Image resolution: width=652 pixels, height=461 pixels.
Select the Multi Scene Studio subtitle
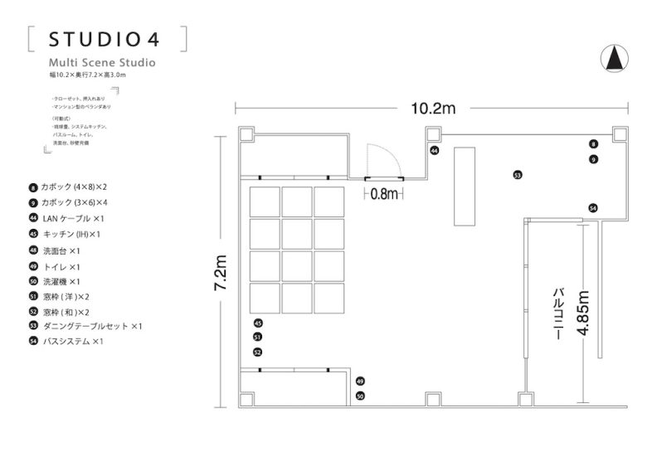[101, 62]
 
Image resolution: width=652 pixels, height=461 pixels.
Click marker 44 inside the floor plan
[434, 151]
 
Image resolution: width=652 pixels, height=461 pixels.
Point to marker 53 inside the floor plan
[517, 175]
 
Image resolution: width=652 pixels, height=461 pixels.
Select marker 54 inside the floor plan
[592, 207]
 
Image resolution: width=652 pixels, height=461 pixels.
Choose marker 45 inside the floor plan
[258, 323]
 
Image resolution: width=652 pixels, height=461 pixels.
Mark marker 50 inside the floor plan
[360, 396]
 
